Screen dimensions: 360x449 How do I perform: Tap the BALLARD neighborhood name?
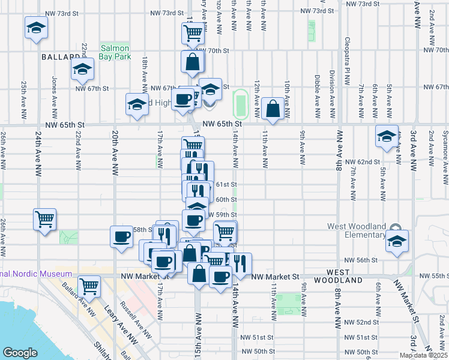coord(57,57)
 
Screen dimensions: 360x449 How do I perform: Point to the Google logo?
coord(20,352)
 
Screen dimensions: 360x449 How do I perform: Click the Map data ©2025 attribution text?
coord(423,355)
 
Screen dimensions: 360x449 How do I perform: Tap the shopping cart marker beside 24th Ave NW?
coord(45,220)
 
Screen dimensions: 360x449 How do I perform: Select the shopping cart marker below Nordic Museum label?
coord(89,287)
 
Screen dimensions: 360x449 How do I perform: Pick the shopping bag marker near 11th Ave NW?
coord(273,110)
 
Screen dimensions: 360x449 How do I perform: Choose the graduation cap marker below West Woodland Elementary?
coord(396,241)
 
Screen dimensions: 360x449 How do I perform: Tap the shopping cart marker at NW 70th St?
coord(191,34)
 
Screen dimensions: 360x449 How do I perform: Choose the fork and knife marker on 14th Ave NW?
coord(240,263)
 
